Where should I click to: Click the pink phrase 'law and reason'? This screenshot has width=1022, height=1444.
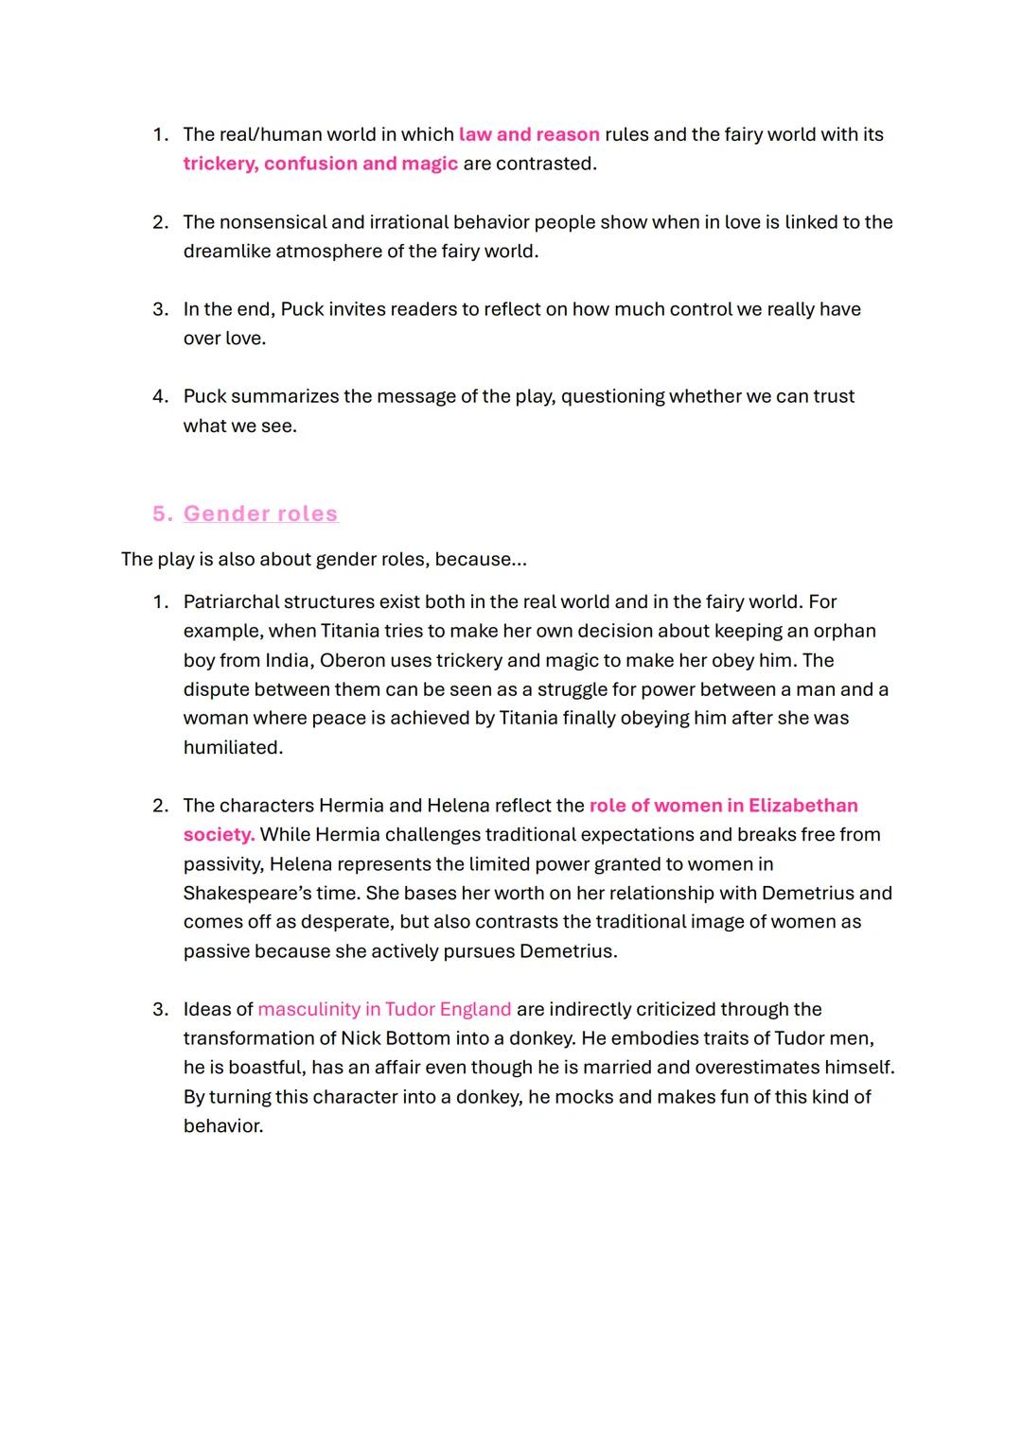pos(529,134)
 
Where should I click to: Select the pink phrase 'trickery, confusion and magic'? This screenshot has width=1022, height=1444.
pos(320,164)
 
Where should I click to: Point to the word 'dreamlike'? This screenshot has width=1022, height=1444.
pos(226,252)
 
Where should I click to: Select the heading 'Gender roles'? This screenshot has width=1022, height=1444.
pos(260,513)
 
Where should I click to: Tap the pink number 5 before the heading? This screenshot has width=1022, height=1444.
pos(161,513)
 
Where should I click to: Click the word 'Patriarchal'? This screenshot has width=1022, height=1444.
pos(231,602)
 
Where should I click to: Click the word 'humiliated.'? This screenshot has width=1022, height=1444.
pos(233,748)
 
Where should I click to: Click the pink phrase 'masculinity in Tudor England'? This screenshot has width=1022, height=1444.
pos(384,1010)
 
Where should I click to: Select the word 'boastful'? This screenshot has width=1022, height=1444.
pos(244,1068)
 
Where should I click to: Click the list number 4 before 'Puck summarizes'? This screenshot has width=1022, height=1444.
pos(160,396)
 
